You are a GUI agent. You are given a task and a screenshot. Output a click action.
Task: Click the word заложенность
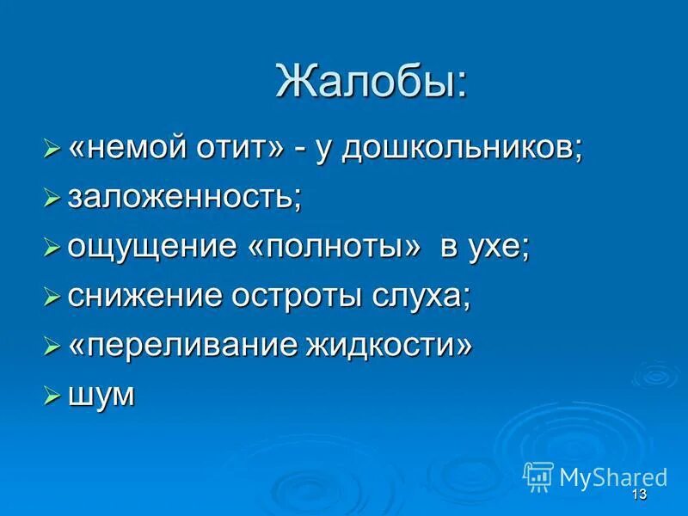[184, 198]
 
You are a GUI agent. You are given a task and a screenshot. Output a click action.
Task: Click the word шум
[101, 396]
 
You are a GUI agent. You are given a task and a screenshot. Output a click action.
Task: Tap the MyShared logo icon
[538, 476]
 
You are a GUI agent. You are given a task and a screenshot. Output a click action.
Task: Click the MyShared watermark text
[613, 476]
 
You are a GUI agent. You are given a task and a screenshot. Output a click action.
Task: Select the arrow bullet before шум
[52, 396]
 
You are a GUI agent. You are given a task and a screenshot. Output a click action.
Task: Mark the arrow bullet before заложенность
[52, 199]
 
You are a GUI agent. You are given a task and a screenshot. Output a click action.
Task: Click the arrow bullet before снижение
[52, 298]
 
